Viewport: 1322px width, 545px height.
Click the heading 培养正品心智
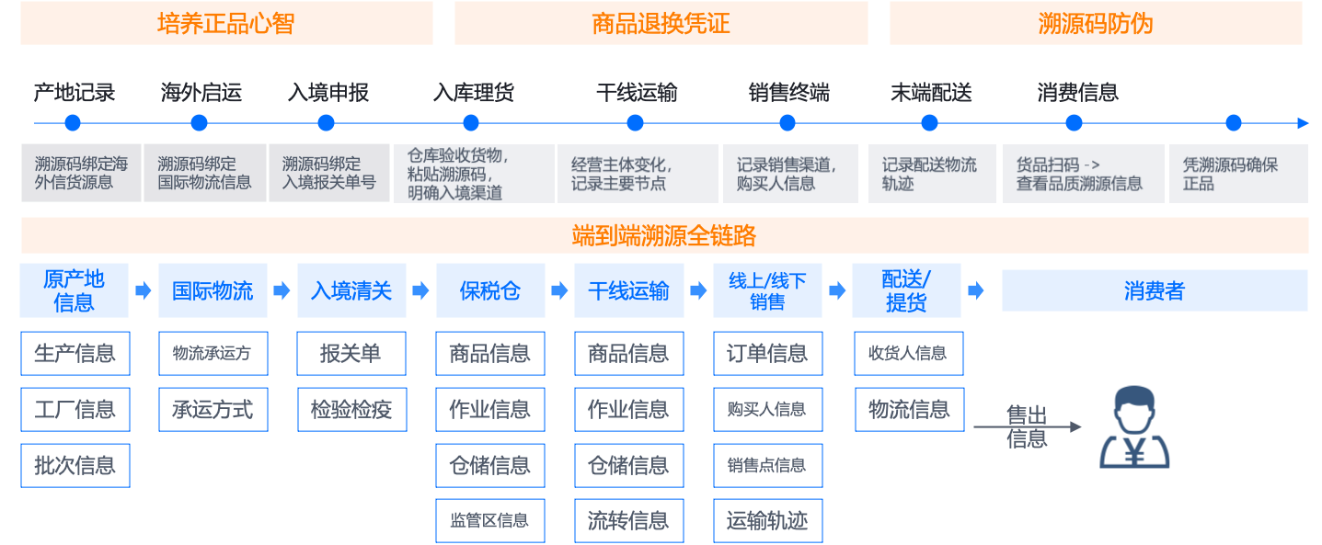(226, 23)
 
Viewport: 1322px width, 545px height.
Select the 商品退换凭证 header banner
(661, 23)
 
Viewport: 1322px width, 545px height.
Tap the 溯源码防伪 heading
(1095, 23)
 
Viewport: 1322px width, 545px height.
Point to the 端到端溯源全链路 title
(664, 236)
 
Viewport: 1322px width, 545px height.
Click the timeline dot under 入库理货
(471, 123)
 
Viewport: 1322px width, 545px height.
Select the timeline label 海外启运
(201, 93)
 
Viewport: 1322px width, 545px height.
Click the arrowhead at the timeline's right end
(1303, 123)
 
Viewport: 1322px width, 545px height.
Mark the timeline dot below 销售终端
(787, 123)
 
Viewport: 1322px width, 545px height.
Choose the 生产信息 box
(75, 354)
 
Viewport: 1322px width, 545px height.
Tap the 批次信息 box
(75, 466)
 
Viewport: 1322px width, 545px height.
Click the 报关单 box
(351, 354)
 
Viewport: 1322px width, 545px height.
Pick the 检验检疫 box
(351, 410)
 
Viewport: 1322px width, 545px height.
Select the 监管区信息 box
(489, 521)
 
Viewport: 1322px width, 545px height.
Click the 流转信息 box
(628, 521)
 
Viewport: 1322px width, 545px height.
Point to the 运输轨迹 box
(767, 521)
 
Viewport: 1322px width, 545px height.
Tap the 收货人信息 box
(907, 354)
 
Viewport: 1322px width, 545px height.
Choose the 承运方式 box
(213, 410)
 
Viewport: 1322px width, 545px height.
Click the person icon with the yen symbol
(1134, 427)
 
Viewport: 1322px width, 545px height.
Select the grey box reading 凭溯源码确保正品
(1237, 174)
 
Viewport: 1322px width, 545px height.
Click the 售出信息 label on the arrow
(1027, 427)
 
